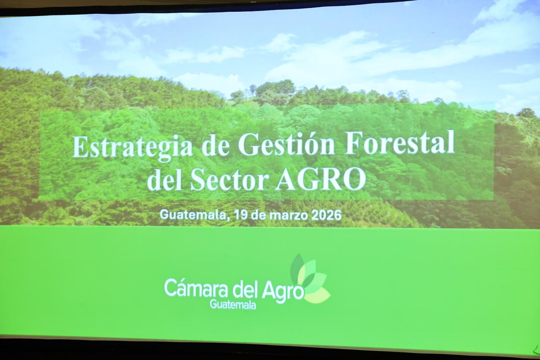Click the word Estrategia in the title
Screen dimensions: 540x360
(132, 148)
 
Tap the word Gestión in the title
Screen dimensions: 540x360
(286, 143)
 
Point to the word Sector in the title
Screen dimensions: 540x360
(229, 180)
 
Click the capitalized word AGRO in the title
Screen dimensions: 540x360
(321, 179)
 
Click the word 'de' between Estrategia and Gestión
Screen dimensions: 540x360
(216, 145)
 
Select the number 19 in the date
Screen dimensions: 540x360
(241, 215)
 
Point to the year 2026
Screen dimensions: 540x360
(327, 215)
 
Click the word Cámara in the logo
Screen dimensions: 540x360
(196, 288)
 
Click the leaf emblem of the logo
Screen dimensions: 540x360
(310, 278)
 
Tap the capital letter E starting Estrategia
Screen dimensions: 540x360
(80, 147)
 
